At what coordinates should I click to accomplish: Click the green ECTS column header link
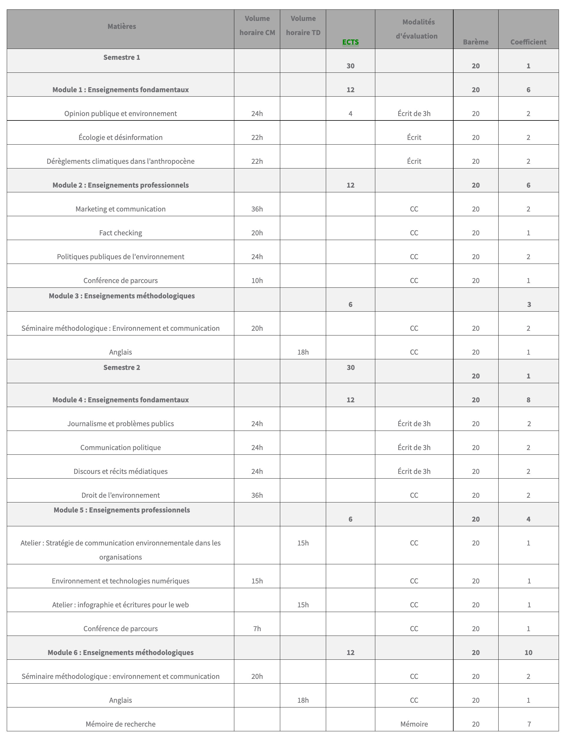[350, 42]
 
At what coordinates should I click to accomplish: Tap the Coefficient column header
[528, 42]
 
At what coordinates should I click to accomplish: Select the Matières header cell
[122, 26]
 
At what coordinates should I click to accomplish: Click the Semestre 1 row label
[122, 57]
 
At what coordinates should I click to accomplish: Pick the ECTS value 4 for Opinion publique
[350, 114]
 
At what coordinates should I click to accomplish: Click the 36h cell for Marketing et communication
[257, 209]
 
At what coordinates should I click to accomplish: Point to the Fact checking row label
[121, 233]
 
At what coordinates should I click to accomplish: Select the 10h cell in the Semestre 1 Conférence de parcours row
[257, 280]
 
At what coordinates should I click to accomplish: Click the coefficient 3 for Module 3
[529, 304]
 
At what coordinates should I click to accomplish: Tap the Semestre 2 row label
[122, 367]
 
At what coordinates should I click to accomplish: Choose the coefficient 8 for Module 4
[528, 400]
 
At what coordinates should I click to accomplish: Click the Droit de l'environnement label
[121, 495]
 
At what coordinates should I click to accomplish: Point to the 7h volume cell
[257, 629]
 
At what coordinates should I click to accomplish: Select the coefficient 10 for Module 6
[528, 652]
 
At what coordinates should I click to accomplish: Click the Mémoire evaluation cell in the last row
[414, 724]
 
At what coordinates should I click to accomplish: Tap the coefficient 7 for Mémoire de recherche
[529, 724]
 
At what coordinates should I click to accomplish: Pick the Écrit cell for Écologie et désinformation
[414, 138]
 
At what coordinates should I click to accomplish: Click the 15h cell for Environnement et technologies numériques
[257, 581]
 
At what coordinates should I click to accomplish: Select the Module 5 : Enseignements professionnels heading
[122, 510]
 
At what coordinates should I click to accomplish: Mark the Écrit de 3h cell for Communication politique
[414, 448]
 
